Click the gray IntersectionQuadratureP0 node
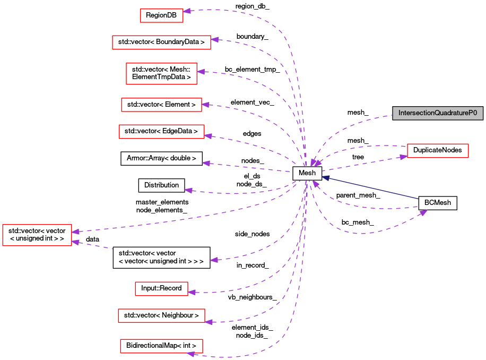point(437,113)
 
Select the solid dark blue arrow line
point(371,188)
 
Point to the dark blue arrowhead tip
point(322,177)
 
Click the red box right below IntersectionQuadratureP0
point(438,151)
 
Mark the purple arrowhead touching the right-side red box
point(403,156)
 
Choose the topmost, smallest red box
point(161,15)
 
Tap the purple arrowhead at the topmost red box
point(186,11)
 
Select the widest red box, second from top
point(161,42)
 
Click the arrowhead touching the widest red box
point(214,39)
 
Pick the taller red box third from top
point(161,73)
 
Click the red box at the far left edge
point(37,235)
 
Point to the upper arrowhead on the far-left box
point(75,232)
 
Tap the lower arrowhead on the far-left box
point(75,242)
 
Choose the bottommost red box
point(161,346)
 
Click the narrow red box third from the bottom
point(161,289)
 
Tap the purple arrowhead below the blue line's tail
point(423,213)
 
